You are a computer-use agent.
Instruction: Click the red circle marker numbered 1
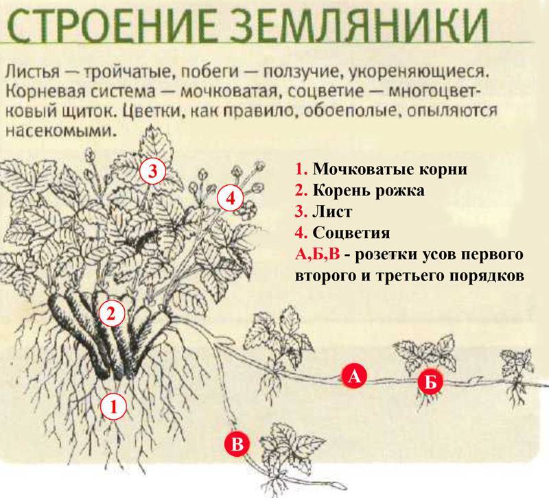[x=114, y=407]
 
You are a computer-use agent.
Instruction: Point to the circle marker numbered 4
[x=230, y=199]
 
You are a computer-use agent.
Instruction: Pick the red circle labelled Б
[x=430, y=382]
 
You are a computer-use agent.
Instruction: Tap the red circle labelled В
[x=237, y=444]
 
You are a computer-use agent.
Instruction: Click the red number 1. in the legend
[x=300, y=169]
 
